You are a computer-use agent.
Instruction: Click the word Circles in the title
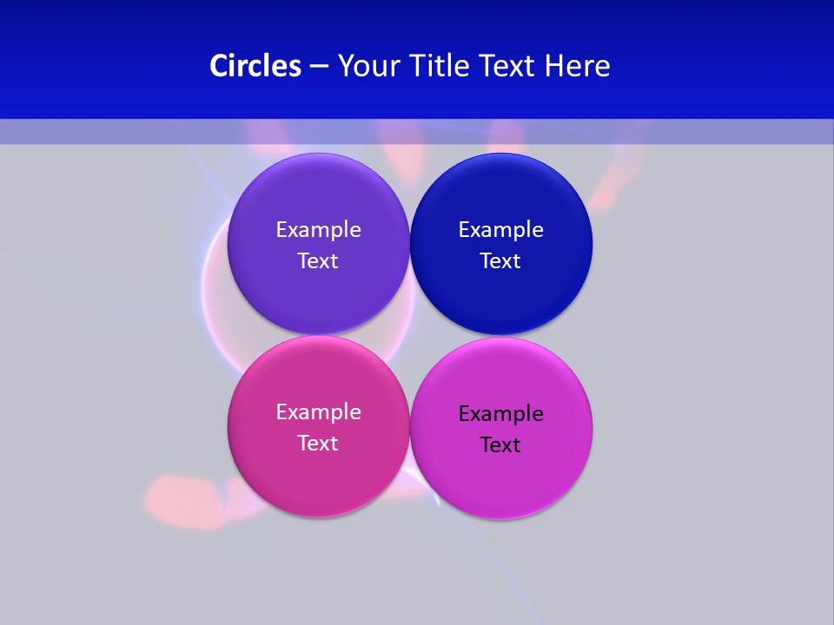(255, 66)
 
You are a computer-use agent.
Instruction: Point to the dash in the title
(319, 67)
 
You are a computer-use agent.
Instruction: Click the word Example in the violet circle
(318, 230)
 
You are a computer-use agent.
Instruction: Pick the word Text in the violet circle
(318, 261)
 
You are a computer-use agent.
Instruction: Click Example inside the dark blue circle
(501, 230)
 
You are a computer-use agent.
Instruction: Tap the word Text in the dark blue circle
(501, 261)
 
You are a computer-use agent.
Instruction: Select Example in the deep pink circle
(318, 412)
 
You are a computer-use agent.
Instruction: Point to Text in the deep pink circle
(318, 444)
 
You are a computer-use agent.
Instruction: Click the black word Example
(501, 414)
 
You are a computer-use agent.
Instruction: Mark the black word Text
(501, 445)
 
